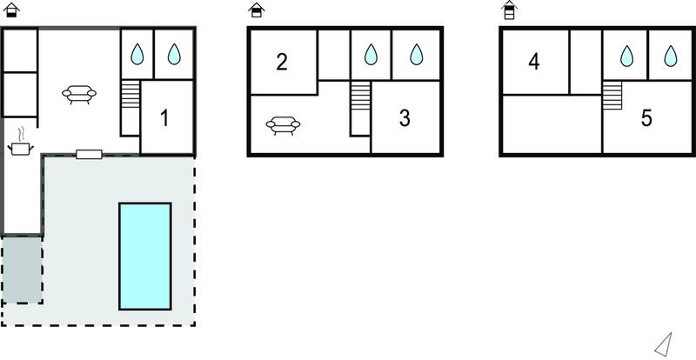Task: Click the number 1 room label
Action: point(164,118)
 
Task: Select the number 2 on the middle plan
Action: point(281,62)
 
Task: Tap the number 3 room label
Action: point(405,118)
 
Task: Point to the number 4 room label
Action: point(534,62)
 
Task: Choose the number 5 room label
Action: point(646,118)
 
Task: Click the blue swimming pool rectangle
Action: point(144,257)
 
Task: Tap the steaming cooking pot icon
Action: point(20,143)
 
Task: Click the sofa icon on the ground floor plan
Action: point(79,94)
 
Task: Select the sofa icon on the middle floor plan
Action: point(284,125)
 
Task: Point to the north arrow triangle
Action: point(664,344)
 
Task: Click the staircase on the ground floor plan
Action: point(130,94)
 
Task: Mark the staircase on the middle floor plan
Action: point(360,96)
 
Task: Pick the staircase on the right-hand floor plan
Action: point(612,96)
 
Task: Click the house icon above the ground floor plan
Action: point(11,10)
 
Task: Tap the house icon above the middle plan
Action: point(257,10)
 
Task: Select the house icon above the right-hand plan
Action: point(510,10)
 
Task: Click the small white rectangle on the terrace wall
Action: point(89,154)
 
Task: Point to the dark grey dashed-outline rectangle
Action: point(23,270)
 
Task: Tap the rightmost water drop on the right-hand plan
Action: point(670,56)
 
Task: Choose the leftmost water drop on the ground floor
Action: point(137,54)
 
